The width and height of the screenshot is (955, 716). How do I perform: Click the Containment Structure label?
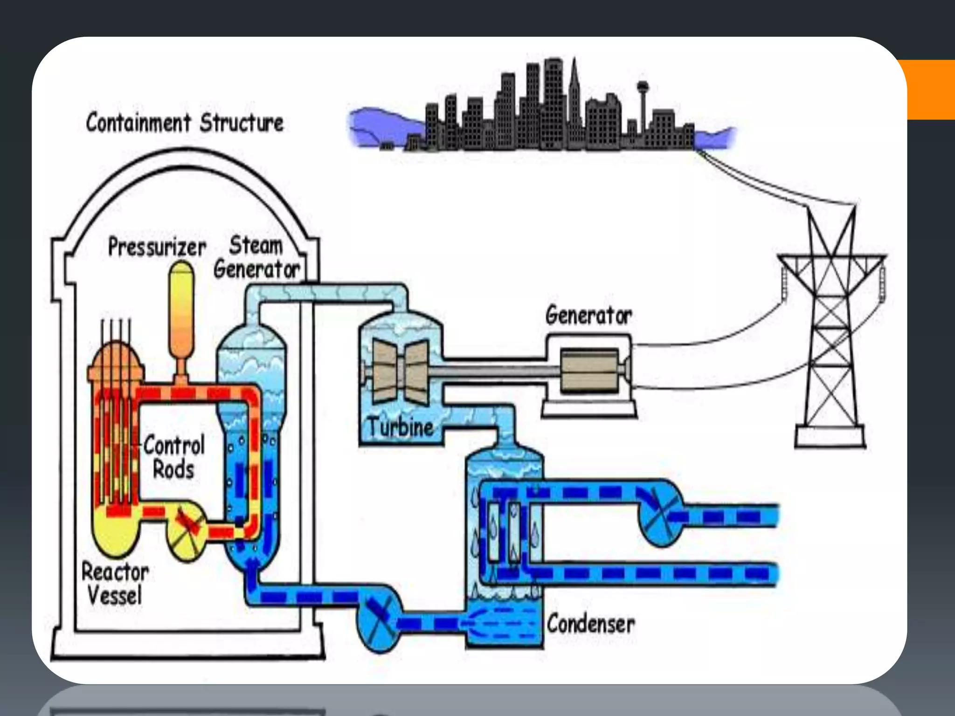185,123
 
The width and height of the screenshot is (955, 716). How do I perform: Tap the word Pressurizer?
157,247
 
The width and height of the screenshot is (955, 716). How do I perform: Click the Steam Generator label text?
256,258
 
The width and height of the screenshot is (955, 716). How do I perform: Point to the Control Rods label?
174,457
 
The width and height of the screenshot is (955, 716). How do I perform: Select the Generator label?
588,316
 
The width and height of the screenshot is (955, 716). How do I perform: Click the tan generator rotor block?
589,371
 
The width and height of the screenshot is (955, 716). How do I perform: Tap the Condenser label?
590,624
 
